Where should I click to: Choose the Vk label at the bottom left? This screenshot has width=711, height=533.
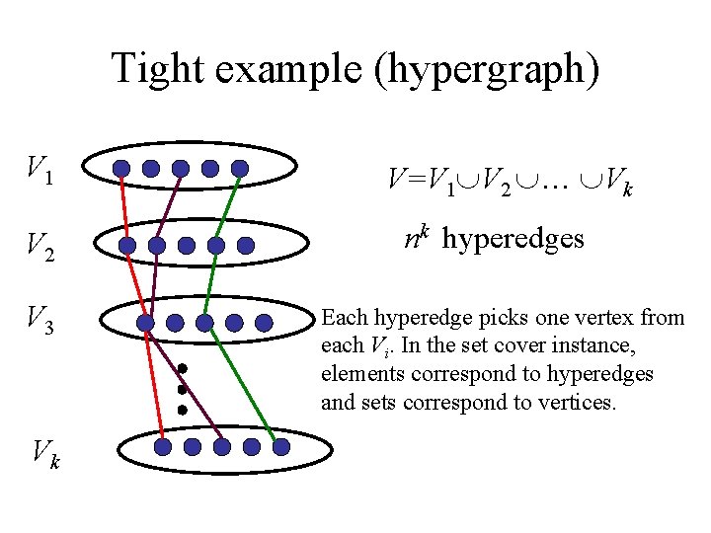tap(44, 454)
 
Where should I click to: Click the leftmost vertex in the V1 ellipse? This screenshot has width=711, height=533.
tap(120, 169)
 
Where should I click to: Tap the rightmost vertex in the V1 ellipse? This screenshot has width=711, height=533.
tap(240, 169)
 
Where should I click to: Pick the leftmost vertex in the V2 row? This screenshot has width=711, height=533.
tap(127, 245)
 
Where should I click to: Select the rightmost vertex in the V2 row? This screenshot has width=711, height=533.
tap(247, 245)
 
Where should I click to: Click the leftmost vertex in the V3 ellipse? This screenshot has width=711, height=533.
tap(145, 322)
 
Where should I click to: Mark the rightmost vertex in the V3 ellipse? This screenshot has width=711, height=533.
tap(264, 322)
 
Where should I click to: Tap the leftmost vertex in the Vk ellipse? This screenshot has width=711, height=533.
tap(163, 447)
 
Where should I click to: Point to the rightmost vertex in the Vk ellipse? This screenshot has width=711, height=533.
tap(281, 447)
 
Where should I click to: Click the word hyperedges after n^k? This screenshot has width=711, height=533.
tap(513, 240)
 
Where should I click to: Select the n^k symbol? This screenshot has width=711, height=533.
tap(417, 238)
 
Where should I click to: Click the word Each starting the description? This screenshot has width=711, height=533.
tap(343, 318)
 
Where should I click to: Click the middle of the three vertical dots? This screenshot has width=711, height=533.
tap(183, 390)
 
